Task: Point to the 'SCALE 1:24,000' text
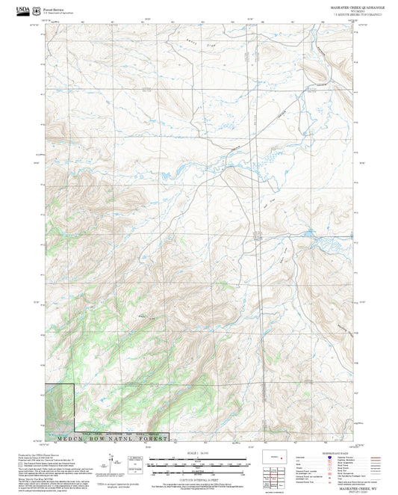199,452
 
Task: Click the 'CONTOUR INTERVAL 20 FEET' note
199,480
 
